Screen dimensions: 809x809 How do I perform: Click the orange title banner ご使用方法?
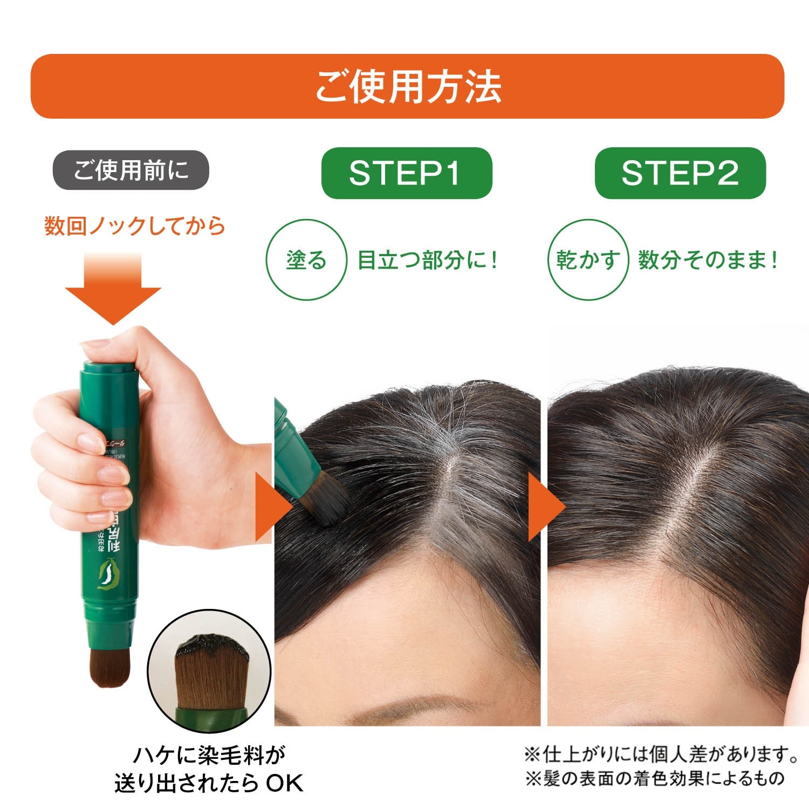pyautogui.click(x=407, y=86)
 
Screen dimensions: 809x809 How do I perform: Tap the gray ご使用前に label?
pyautogui.click(x=131, y=170)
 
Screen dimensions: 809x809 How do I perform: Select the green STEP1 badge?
pyautogui.click(x=406, y=173)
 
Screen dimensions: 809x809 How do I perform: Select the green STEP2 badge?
pyautogui.click(x=680, y=173)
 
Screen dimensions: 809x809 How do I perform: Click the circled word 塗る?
pyautogui.click(x=306, y=260)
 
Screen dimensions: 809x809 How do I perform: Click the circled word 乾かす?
pyautogui.click(x=588, y=260)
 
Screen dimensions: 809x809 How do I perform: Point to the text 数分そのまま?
pyautogui.click(x=708, y=260)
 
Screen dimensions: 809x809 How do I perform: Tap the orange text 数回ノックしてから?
pyautogui.click(x=135, y=226)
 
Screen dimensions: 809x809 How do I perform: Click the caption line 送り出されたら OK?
pyautogui.click(x=209, y=783)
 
